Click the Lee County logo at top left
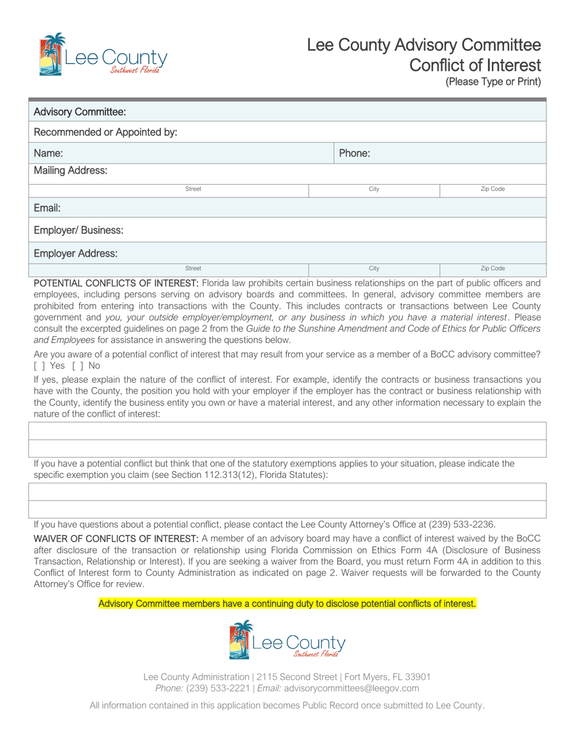[103, 55]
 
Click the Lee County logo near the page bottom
[287, 640]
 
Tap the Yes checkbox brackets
[39, 366]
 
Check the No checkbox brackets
[77, 366]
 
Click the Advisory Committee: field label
[80, 111]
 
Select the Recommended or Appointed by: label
[105, 132]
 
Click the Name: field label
[48, 153]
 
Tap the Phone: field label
[354, 153]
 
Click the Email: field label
[47, 208]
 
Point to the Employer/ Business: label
[79, 230]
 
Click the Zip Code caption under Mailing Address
[493, 189]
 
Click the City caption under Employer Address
[374, 268]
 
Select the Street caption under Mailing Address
[193, 189]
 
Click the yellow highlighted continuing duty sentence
[287, 603]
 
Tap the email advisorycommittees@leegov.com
[351, 688]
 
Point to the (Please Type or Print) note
[493, 82]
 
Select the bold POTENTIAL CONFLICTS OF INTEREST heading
[116, 283]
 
